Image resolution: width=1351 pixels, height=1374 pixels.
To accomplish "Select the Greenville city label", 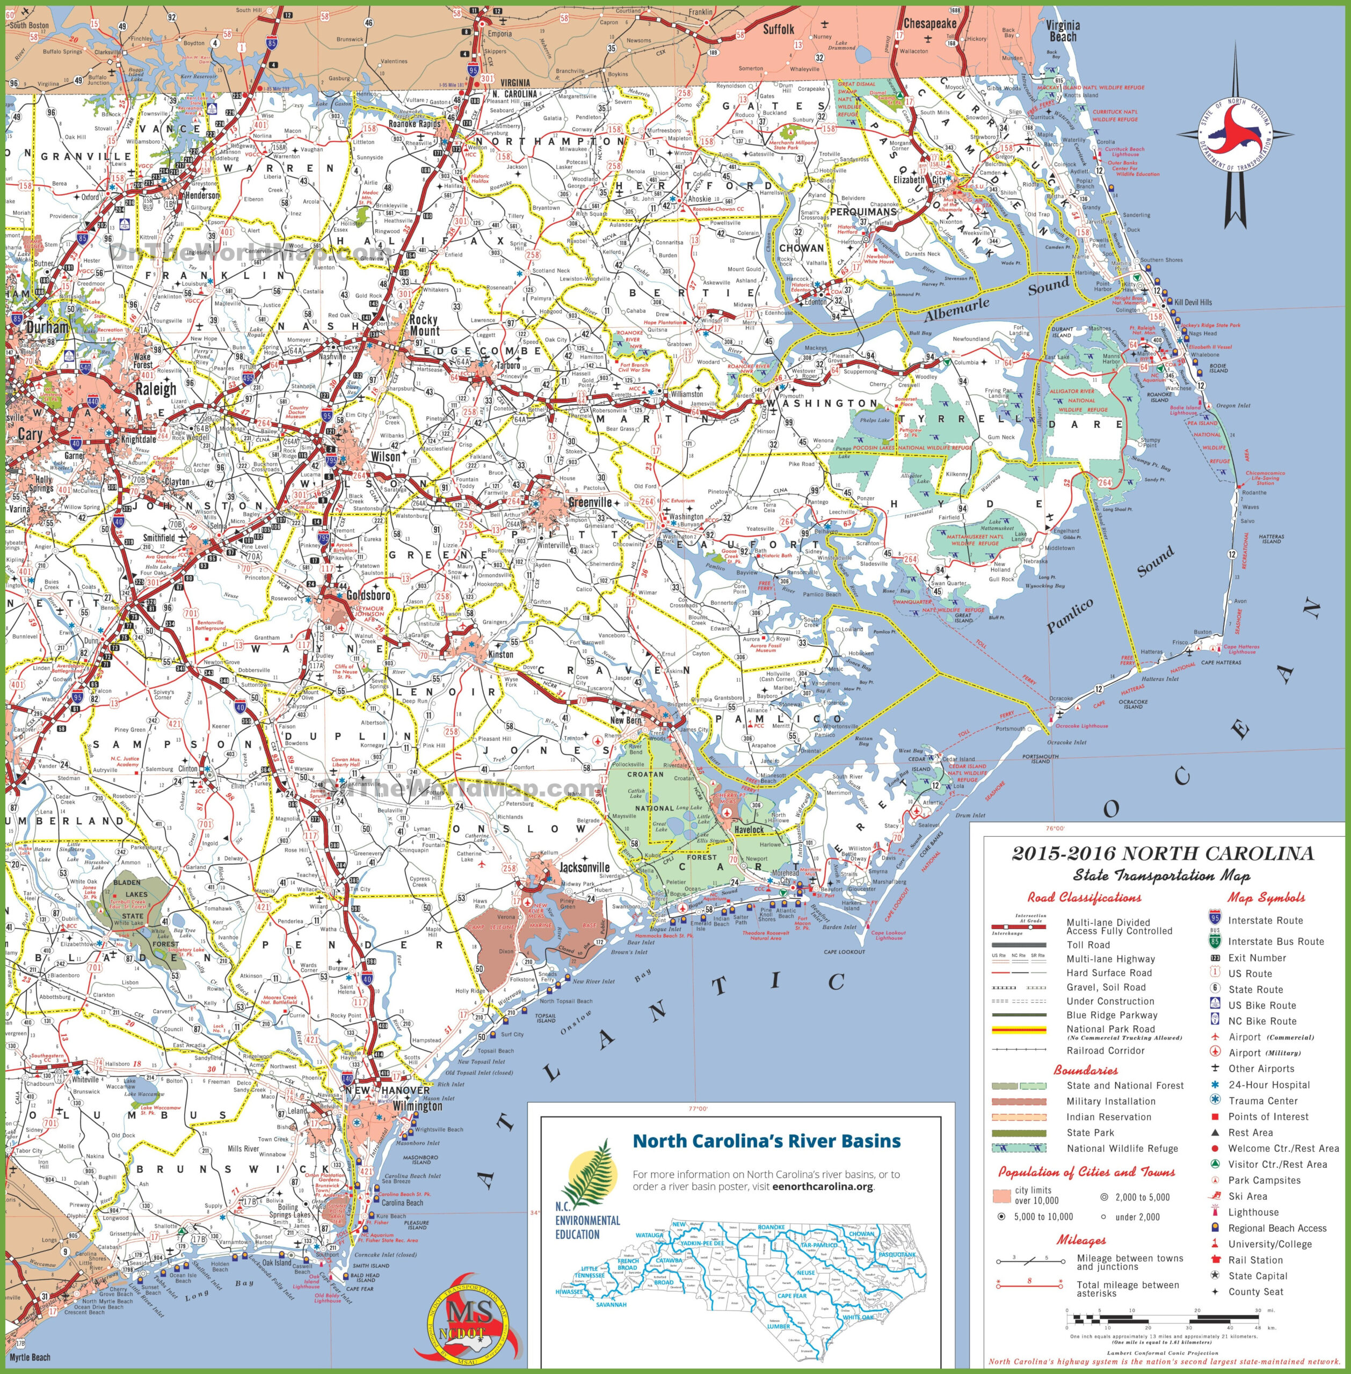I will (x=590, y=502).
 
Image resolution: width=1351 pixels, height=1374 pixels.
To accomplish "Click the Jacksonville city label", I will (x=584, y=867).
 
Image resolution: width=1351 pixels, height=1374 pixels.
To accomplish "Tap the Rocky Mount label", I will (x=424, y=325).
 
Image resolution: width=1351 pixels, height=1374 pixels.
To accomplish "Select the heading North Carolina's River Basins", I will (x=766, y=1141).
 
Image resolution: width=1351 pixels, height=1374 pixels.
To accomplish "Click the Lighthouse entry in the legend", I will (x=1253, y=1212).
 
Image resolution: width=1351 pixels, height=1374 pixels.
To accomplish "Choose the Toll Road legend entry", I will (x=1088, y=945).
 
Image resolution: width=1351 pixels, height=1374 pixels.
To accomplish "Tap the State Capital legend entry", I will (x=1258, y=1275).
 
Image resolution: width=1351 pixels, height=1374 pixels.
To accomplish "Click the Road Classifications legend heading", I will (x=1084, y=897).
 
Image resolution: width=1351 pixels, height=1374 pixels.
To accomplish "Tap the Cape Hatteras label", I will (x=1221, y=662).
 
